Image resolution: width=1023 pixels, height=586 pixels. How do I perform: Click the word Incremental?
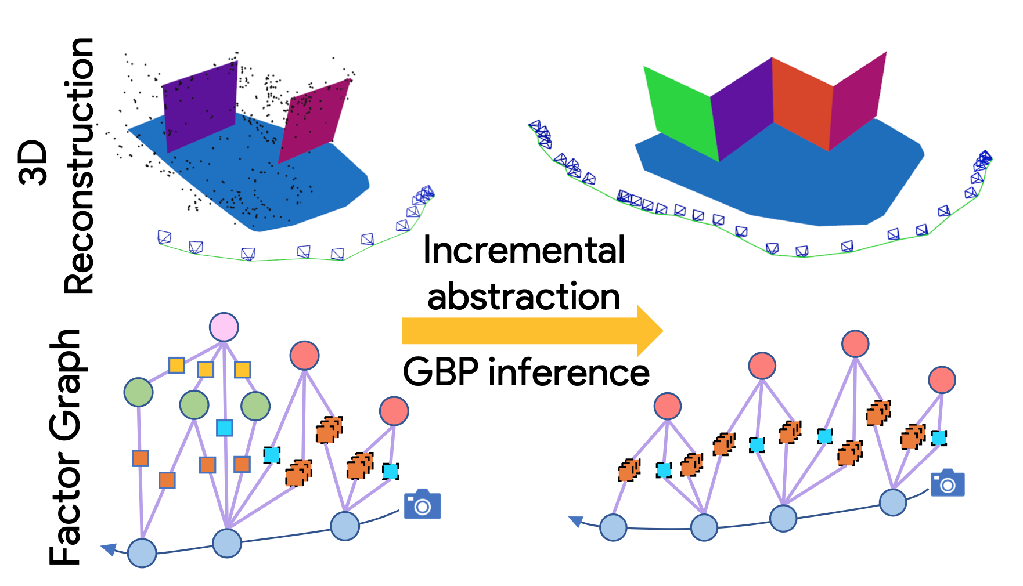click(x=524, y=251)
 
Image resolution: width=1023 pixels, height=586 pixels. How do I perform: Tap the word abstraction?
click(x=524, y=297)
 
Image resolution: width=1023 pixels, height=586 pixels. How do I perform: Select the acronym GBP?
click(x=441, y=372)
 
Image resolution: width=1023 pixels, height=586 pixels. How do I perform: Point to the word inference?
click(x=569, y=372)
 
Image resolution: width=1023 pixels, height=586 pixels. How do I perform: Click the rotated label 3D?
click(x=33, y=162)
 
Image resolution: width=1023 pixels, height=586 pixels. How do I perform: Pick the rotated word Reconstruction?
click(x=78, y=165)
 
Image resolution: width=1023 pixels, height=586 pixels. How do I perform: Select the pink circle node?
click(x=224, y=327)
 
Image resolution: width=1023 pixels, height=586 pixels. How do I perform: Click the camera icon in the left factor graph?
click(x=423, y=505)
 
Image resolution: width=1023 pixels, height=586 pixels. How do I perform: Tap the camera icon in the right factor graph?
click(x=948, y=483)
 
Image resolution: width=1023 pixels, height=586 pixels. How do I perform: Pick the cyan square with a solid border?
click(x=225, y=428)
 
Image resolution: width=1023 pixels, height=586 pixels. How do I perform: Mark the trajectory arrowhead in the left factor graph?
click(x=109, y=549)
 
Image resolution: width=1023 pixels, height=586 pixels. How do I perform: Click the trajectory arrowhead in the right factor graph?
click(x=577, y=522)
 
